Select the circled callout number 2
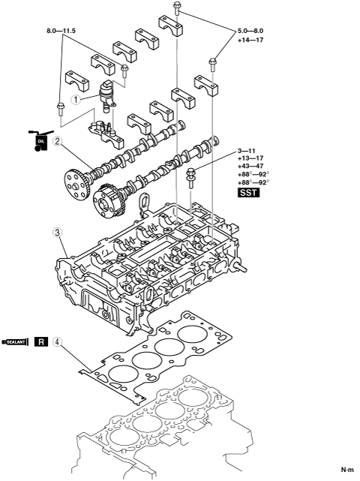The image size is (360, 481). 57,142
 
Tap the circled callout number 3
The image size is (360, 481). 57,232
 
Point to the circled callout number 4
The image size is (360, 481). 57,341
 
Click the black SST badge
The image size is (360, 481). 249,193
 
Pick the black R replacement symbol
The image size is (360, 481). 41,341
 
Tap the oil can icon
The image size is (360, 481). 39,140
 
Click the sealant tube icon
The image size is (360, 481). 14,341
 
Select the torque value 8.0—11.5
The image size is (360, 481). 61,31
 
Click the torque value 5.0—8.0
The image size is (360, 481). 250,31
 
